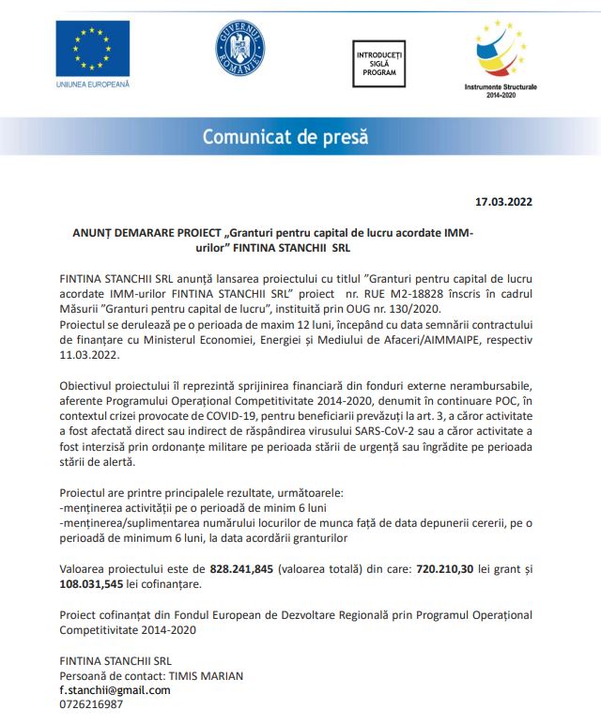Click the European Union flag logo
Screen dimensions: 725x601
(x=92, y=50)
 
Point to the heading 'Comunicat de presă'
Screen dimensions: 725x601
(x=285, y=136)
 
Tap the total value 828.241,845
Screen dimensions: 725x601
(x=241, y=568)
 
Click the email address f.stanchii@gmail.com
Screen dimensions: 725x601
(x=115, y=689)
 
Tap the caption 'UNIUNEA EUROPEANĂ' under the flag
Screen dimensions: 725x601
(x=93, y=85)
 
